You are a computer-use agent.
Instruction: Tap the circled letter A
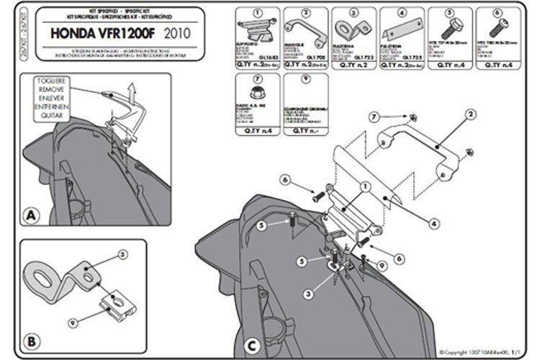pos(31,215)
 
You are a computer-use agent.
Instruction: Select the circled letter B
pos(31,338)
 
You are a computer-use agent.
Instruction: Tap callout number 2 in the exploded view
pos(469,114)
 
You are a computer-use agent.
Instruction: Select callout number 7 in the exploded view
pos(374,116)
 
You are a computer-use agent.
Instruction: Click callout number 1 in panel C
pos(364,185)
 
